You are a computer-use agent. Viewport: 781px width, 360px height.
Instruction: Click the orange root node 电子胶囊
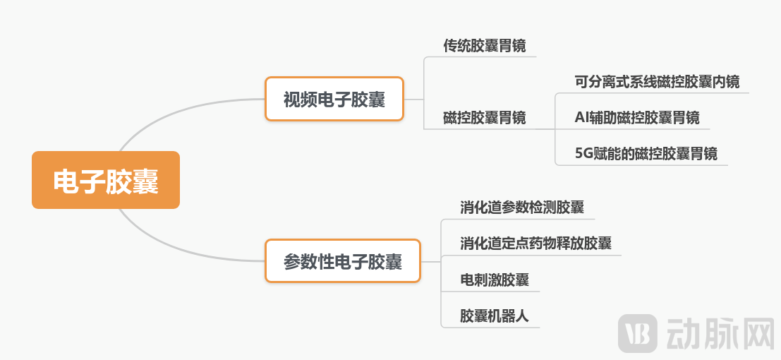coord(106,181)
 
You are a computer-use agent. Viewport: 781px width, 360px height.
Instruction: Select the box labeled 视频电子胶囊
coord(334,99)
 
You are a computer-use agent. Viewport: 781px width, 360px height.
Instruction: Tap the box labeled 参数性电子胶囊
coord(343,262)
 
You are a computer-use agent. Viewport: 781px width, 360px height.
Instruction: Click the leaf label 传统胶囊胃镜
coord(484,46)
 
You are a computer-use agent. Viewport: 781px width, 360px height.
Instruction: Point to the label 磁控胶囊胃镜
coord(484,117)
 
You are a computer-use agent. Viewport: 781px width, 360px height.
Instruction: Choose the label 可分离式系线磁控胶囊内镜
coord(657,81)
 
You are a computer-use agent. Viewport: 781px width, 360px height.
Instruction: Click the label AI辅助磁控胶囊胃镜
coord(637,117)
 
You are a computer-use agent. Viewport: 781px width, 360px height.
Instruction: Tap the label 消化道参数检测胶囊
coord(522,208)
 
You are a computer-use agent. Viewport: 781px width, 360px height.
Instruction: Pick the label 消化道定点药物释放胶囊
coord(535,244)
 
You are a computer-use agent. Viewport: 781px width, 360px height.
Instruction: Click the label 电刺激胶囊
coord(495,280)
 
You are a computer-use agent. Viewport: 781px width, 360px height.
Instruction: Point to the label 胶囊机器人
coord(495,316)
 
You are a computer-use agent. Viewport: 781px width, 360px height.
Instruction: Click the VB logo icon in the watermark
coord(638,332)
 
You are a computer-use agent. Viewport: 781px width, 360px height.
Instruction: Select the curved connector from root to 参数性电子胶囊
coord(176,251)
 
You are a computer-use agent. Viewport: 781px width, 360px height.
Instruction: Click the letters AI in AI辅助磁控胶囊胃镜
coord(581,117)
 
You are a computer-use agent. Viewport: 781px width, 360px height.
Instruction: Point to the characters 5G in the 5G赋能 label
coord(583,153)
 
